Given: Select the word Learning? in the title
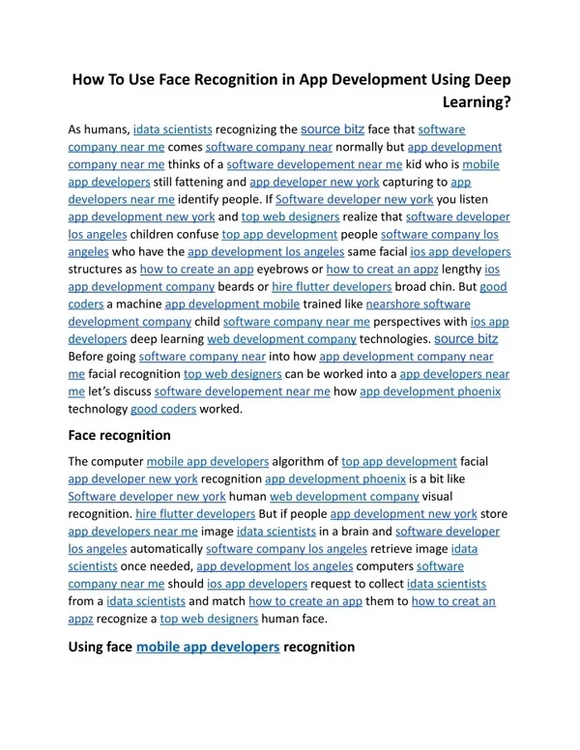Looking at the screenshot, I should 477,101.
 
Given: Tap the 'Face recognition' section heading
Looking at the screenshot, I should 119,435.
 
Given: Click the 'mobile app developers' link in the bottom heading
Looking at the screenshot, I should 209,647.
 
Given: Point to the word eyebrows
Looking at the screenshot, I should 289,269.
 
